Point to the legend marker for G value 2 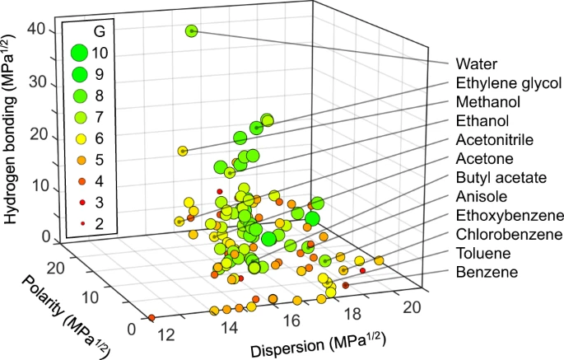click(79, 223)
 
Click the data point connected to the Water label click(192, 31)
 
